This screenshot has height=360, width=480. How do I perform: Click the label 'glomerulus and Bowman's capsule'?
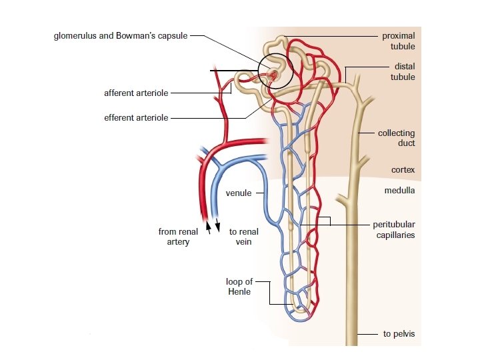point(121,35)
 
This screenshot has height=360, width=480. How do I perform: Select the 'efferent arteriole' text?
point(136,118)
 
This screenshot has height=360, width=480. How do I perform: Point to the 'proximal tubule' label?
point(398,41)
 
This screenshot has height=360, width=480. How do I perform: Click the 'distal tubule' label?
point(402,71)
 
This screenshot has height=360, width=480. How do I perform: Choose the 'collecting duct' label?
point(396,138)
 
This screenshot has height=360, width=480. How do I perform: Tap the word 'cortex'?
point(403,170)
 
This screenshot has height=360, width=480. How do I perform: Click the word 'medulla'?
point(399,190)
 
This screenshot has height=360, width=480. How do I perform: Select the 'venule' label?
point(239,193)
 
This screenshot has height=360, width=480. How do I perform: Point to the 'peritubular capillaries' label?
point(393,229)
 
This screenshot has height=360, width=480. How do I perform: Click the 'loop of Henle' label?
point(239,287)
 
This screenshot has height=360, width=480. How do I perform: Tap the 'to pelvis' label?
point(399,334)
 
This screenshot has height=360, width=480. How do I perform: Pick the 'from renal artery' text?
point(178,237)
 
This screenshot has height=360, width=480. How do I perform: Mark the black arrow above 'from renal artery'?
point(209,226)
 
